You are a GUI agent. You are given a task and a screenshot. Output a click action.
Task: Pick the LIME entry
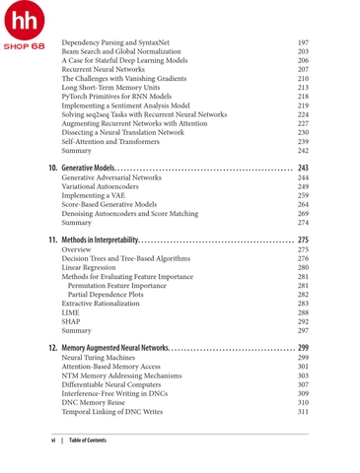[x=70, y=313]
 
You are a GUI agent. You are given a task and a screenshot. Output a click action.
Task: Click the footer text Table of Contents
[x=89, y=439]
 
